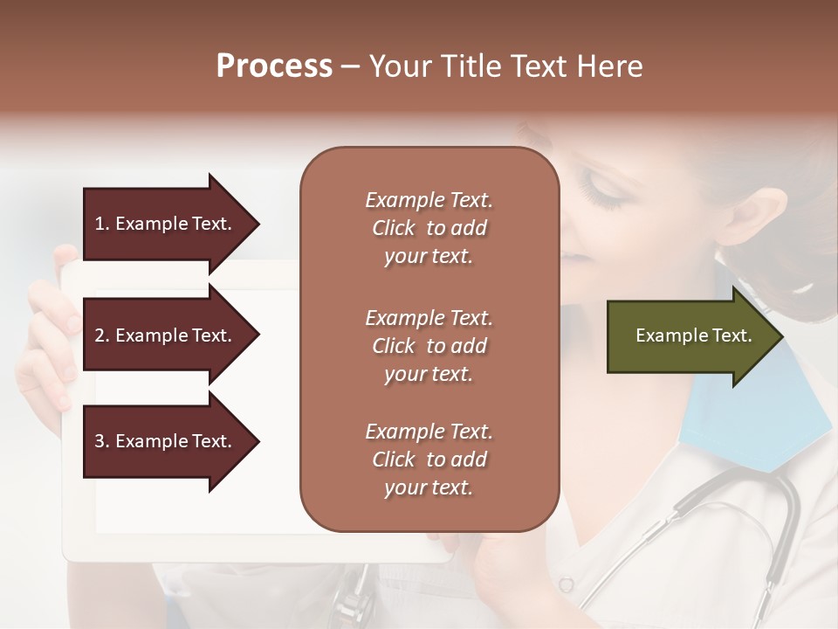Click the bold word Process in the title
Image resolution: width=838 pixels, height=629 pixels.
pos(274,66)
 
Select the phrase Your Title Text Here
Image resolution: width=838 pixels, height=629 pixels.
pos(505,66)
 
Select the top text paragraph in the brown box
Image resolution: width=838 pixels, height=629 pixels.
pos(429,228)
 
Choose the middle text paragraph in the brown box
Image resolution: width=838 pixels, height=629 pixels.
pos(429,346)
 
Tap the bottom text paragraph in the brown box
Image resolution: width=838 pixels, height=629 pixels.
pos(429,460)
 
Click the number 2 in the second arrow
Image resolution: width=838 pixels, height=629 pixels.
pos(99,335)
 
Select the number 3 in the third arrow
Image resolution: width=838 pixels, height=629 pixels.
pos(99,441)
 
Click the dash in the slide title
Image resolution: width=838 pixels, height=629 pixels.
pos(350,67)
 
